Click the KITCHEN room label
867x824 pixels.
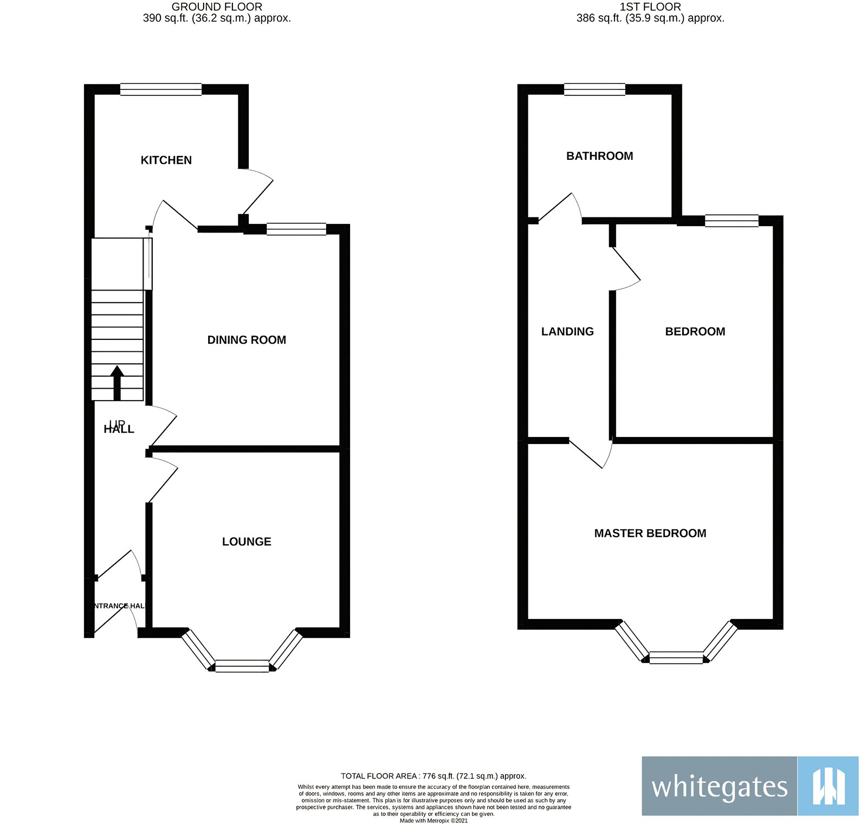click(x=166, y=160)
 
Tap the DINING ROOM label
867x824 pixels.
click(x=247, y=340)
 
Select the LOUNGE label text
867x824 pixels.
click(x=247, y=542)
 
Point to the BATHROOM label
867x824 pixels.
click(x=599, y=156)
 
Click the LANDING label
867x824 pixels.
click(x=567, y=332)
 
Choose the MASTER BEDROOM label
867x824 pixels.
click(x=650, y=533)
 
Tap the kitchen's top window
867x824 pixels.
click(x=161, y=89)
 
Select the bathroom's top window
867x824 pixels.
click(x=594, y=89)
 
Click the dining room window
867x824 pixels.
click(x=296, y=229)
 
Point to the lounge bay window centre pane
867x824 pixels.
click(x=242, y=666)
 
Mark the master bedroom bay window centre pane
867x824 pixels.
click(x=676, y=658)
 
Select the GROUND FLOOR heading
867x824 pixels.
click(x=217, y=7)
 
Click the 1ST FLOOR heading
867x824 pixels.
click(x=650, y=7)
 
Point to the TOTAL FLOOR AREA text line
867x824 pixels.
click(x=433, y=776)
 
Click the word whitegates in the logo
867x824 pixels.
click(x=719, y=787)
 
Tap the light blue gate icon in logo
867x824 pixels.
click(x=828, y=786)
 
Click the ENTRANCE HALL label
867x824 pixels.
click(x=118, y=606)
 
